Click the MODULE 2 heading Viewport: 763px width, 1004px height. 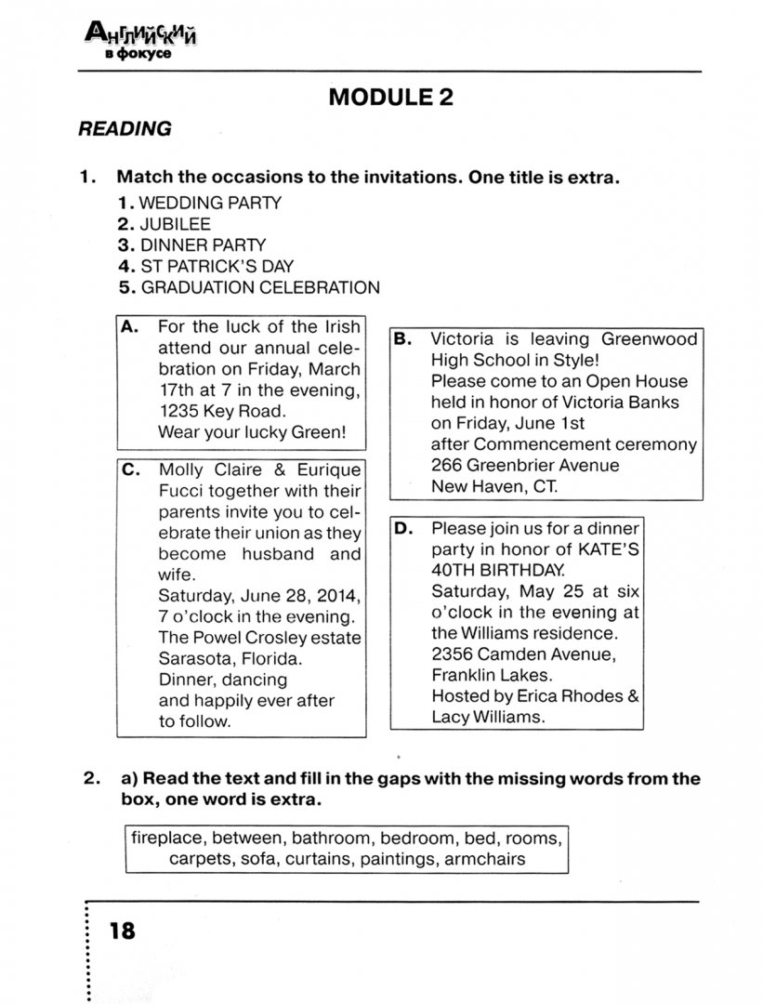coord(391,97)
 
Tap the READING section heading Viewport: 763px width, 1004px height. coord(125,129)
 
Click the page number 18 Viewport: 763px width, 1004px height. coord(122,930)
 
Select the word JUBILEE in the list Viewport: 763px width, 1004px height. coord(175,224)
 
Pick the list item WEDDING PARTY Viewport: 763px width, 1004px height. coord(210,202)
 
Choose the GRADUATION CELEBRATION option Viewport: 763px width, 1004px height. coord(259,287)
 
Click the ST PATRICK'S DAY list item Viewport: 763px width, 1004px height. coord(217,266)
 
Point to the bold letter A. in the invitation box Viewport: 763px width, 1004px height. coord(130,327)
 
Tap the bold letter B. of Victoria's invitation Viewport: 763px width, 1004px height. coord(402,339)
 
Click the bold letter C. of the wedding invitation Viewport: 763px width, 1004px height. coord(130,470)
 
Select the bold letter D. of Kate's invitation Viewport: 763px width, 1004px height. coord(402,529)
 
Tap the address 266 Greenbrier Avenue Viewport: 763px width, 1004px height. coord(524,465)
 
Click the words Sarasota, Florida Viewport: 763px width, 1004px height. coord(230,658)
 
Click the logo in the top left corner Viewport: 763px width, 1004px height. coord(143,42)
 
